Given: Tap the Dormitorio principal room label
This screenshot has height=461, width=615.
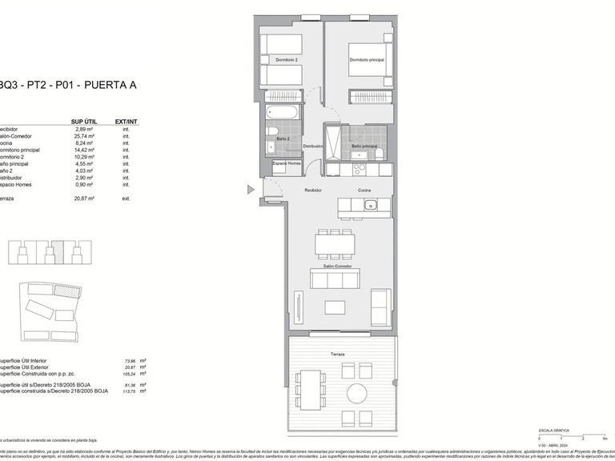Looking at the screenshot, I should coord(367,60).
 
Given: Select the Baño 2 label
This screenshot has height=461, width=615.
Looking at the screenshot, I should coord(284,138).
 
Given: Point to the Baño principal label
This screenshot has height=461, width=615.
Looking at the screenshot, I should coord(364,146).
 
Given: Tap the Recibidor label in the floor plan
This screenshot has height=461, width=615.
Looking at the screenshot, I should coord(312,190).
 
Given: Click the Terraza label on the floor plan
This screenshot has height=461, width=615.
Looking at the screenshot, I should coord(326,353).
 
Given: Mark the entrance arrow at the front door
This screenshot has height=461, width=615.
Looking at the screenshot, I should coord(251,190).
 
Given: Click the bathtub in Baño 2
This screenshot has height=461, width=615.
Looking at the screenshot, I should coord(283,112).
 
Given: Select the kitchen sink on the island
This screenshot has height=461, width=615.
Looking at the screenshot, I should coord(371,206).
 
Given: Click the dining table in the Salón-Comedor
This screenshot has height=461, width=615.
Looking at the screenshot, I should coord(337,243).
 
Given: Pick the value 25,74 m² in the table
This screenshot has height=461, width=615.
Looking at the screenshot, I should coord(84,136).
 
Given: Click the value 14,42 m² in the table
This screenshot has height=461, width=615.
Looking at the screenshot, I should coord(84,150).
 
